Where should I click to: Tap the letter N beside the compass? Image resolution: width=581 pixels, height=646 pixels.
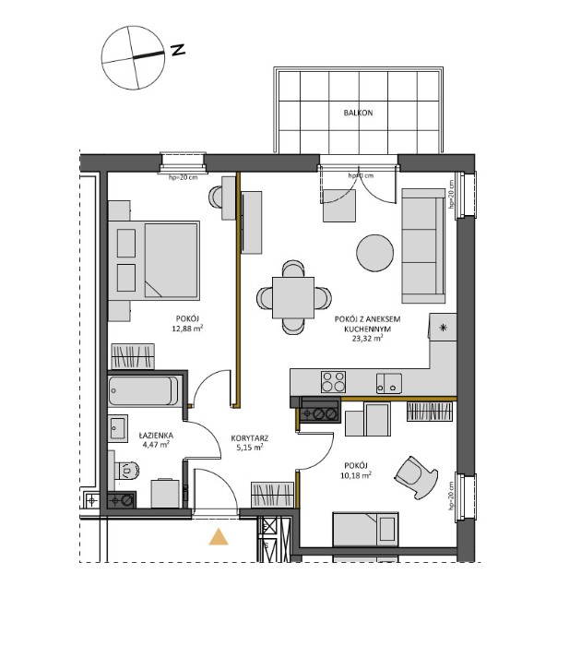click(x=178, y=50)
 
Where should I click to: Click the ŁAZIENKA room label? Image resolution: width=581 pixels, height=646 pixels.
click(x=153, y=434)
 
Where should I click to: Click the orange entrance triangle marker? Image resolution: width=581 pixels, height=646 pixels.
click(x=219, y=538)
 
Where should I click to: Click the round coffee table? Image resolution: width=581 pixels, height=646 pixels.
click(x=377, y=253)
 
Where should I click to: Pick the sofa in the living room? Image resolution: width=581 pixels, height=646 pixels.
click(x=422, y=244)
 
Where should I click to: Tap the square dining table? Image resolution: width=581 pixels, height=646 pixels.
click(x=294, y=297)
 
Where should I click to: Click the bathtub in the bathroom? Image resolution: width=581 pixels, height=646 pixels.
click(x=144, y=390)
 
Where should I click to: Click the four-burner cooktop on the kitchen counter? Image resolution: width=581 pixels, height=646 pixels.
click(x=333, y=381)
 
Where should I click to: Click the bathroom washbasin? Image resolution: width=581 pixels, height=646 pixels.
click(x=117, y=428)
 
